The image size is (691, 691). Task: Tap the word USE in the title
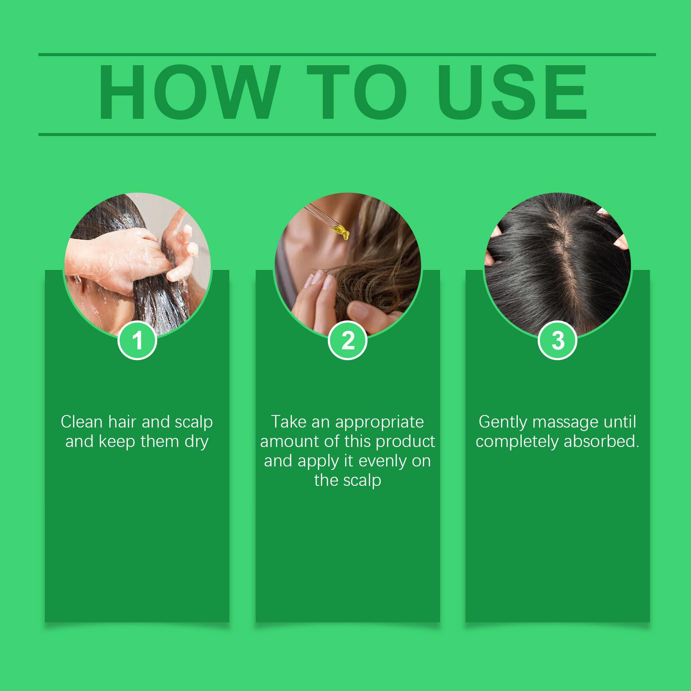[512, 93]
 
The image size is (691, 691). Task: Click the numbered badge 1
[137, 340]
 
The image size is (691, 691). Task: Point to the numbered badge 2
[348, 340]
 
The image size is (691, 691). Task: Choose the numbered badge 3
[558, 340]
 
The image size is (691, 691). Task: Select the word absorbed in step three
[604, 441]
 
